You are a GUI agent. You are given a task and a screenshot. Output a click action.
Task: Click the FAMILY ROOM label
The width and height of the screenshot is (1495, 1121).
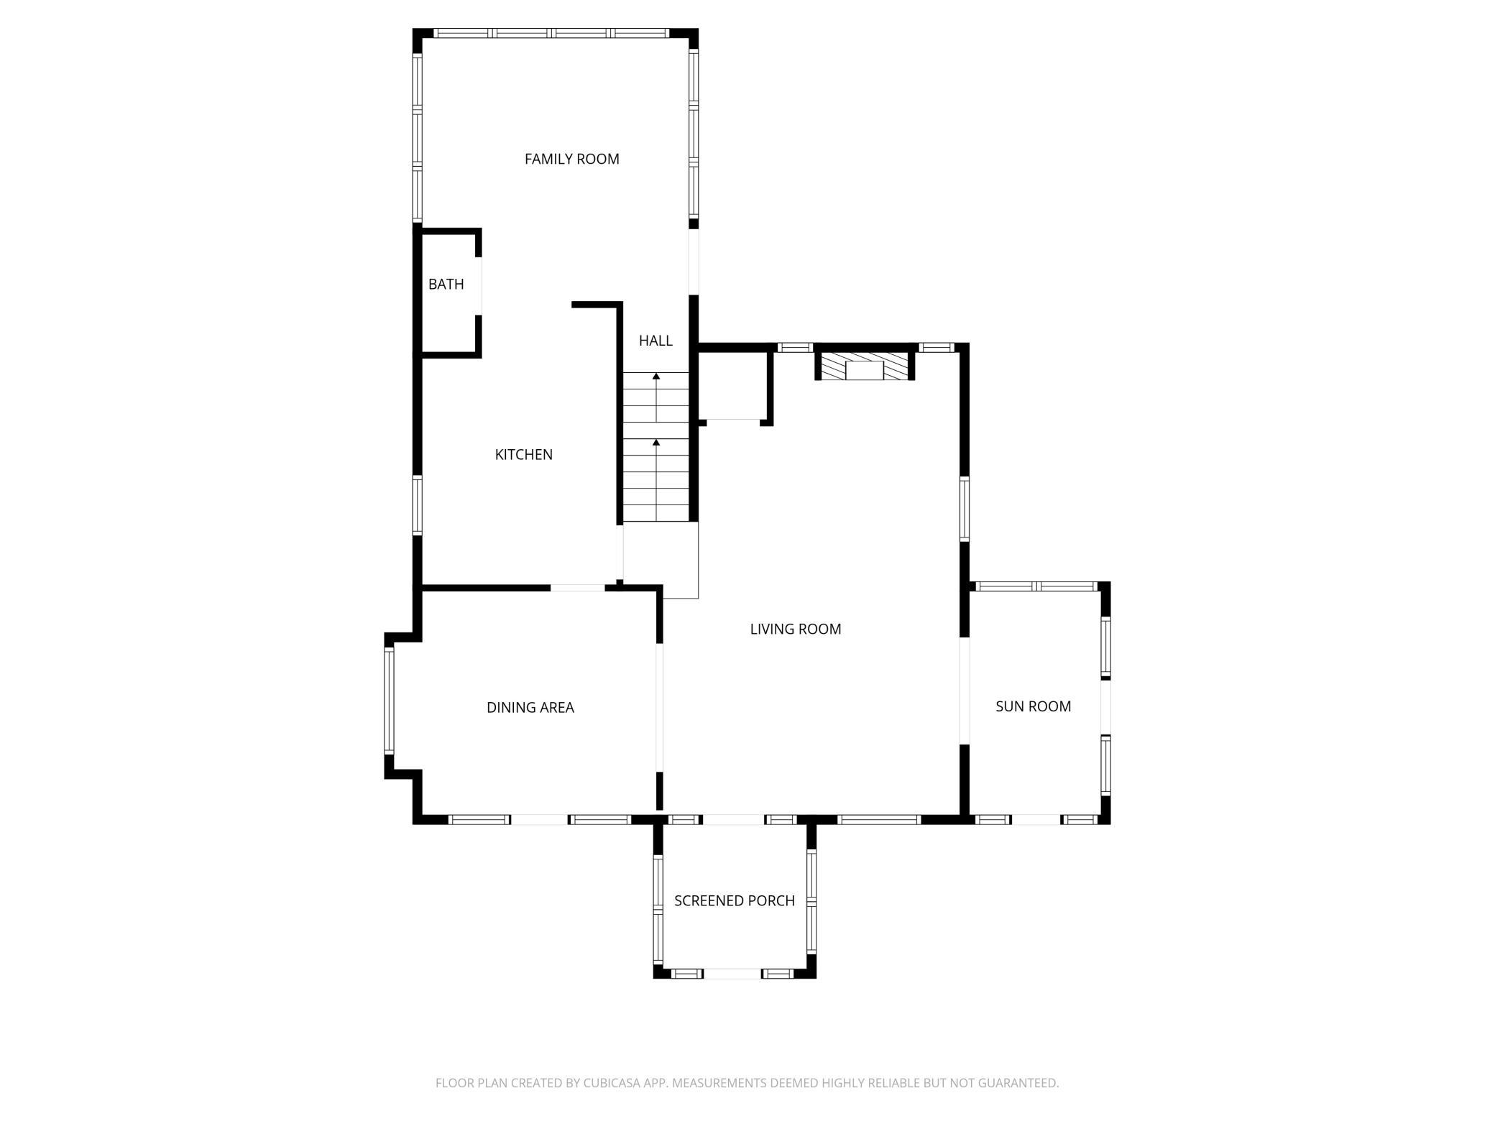click(571, 159)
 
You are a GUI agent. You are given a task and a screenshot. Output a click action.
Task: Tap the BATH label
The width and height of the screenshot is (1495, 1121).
click(446, 284)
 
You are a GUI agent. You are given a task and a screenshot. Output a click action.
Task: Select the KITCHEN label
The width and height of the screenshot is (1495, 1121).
click(523, 454)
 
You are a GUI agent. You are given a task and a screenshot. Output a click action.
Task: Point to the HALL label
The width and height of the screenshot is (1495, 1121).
click(655, 340)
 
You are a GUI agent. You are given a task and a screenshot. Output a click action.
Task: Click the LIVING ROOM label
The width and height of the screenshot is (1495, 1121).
click(795, 629)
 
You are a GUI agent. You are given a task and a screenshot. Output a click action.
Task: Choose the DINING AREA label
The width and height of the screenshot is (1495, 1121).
click(530, 707)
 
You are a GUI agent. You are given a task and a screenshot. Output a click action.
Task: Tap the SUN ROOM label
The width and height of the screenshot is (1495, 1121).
click(1033, 706)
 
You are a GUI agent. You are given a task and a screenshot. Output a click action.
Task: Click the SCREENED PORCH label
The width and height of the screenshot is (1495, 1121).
click(734, 900)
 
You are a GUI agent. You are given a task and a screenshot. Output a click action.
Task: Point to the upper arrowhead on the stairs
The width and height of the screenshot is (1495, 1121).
click(656, 376)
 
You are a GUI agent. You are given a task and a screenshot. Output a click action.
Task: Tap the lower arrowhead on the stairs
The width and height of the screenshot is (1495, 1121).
click(656, 442)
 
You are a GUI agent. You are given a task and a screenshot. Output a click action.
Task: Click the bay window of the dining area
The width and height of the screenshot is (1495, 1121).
click(389, 700)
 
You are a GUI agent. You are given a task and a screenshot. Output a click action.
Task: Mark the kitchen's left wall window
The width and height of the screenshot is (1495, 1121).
click(417, 504)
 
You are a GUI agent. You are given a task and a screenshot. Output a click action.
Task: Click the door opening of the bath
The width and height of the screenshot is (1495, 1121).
click(478, 285)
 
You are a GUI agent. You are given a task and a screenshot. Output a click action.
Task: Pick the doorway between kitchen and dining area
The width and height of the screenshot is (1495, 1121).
click(578, 588)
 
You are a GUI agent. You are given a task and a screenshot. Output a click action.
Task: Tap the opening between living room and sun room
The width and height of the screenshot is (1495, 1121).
click(965, 691)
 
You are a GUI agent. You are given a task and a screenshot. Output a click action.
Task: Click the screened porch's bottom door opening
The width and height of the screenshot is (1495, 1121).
click(732, 974)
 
